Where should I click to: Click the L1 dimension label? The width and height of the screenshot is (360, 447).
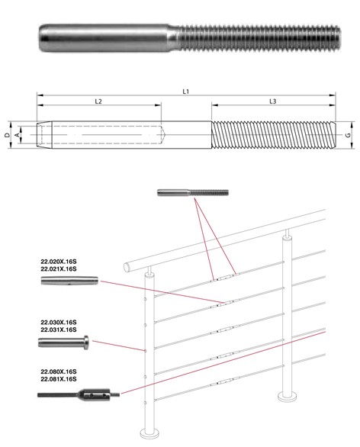tap(186, 92)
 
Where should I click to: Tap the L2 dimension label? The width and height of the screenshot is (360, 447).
tap(98, 101)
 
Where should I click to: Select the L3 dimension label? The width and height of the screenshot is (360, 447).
tap(273, 101)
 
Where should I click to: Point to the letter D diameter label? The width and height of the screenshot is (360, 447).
tap(7, 134)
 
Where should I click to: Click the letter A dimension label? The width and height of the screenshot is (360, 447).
tap(18, 134)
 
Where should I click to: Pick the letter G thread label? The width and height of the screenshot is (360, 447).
tap(348, 134)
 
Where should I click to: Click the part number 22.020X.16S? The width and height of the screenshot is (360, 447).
tap(59, 261)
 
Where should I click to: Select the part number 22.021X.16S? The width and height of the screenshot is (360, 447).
tap(59, 269)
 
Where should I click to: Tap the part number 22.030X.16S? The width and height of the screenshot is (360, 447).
tap(59, 322)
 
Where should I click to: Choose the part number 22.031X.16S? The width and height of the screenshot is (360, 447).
tap(59, 330)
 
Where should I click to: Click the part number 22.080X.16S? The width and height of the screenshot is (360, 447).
tap(59, 371)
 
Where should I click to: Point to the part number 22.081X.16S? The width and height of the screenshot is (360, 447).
tap(59, 379)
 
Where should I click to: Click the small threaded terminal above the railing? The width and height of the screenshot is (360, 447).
tap(193, 193)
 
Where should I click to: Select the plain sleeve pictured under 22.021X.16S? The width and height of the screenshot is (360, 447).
tap(69, 281)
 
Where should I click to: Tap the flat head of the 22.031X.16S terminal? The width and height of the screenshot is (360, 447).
tap(86, 342)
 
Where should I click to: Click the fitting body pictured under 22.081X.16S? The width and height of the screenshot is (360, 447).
tap(94, 395)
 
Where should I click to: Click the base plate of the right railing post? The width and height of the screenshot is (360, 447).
tap(288, 396)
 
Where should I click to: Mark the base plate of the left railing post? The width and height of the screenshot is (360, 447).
tap(150, 432)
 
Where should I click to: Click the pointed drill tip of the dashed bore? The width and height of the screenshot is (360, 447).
tap(163, 134)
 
